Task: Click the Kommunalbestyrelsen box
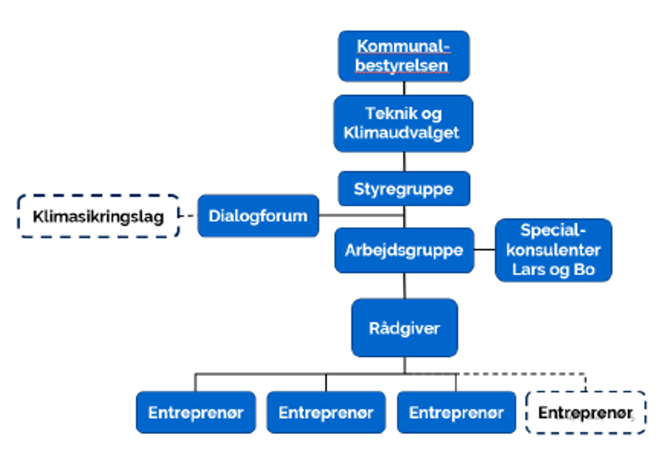(x=403, y=56)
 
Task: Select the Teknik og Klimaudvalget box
(x=403, y=123)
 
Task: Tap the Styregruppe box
(x=403, y=189)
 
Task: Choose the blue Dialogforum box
(x=258, y=216)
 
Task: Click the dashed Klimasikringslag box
(x=98, y=216)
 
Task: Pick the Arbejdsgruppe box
(x=404, y=250)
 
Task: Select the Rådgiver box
(x=404, y=328)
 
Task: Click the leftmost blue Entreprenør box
(x=196, y=413)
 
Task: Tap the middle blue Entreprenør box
(x=326, y=413)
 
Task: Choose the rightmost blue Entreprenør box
(x=456, y=413)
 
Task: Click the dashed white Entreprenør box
(x=585, y=413)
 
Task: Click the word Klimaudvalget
(x=401, y=133)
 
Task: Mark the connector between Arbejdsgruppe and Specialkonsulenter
(x=485, y=249)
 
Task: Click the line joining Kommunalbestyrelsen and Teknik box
(x=404, y=88)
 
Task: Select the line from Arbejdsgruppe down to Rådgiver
(x=404, y=286)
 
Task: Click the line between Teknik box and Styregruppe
(x=404, y=161)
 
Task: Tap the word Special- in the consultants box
(x=553, y=230)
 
